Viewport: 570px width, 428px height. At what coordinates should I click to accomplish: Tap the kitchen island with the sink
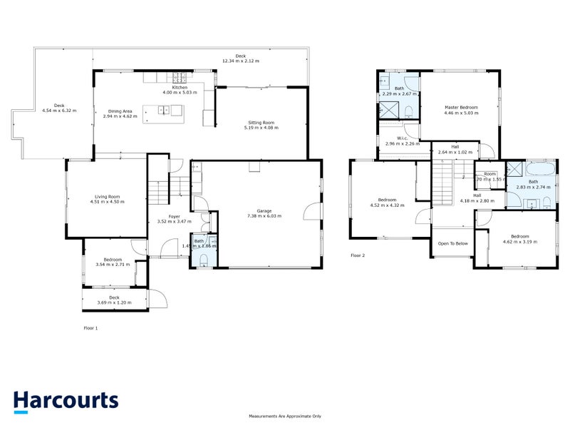tap(162, 111)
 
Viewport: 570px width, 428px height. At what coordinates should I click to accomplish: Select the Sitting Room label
tap(261, 123)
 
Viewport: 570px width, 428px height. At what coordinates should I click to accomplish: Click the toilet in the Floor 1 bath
tap(204, 260)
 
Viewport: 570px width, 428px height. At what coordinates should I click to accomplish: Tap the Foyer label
tap(174, 217)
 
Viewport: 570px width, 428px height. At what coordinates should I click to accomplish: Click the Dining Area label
tap(120, 111)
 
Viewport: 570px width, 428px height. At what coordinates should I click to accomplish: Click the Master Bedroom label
tap(461, 108)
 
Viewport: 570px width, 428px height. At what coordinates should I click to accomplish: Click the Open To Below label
tap(452, 243)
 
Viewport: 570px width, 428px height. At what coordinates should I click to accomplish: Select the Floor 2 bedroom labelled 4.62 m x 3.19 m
tap(519, 239)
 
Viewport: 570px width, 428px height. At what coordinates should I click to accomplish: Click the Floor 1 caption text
tap(90, 328)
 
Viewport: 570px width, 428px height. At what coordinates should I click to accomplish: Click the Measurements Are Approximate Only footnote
tap(285, 416)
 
